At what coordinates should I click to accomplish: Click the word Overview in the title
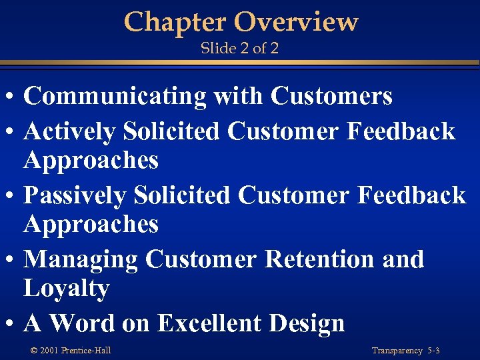296,22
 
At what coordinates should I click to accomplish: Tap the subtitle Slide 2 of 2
240,49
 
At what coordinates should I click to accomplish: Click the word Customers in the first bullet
331,97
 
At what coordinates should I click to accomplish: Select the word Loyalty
66,289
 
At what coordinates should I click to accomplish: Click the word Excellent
211,323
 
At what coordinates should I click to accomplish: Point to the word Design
307,323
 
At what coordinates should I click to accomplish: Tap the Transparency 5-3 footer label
405,351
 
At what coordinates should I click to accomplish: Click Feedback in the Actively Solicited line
401,131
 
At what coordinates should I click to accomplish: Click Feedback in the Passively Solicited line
411,195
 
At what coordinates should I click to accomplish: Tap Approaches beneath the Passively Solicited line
91,225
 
